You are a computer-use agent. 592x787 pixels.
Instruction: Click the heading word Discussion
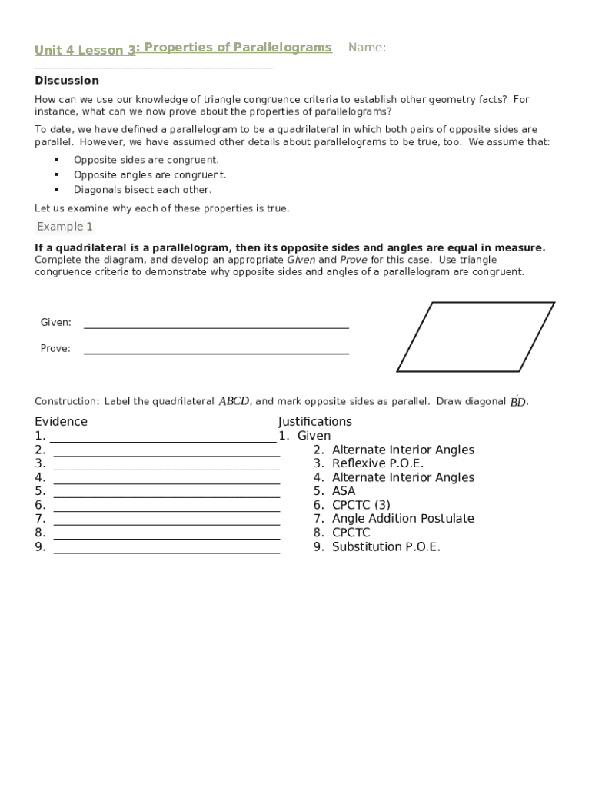coord(67,81)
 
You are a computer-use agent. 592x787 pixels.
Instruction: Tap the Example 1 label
coord(65,227)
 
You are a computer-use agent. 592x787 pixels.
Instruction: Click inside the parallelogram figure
coord(475,337)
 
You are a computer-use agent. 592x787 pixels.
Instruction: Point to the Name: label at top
coord(367,48)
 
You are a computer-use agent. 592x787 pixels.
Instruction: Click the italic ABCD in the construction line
coord(234,401)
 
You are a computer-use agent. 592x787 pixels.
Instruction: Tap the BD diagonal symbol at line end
coord(518,401)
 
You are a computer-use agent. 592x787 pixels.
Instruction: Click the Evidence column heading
coord(61,421)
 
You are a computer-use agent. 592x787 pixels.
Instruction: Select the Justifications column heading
coord(315,421)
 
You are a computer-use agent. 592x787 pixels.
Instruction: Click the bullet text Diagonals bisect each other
coord(142,190)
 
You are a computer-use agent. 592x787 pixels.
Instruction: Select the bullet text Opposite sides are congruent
coord(146,160)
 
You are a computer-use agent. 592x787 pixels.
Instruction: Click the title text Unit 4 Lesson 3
coord(85,51)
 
